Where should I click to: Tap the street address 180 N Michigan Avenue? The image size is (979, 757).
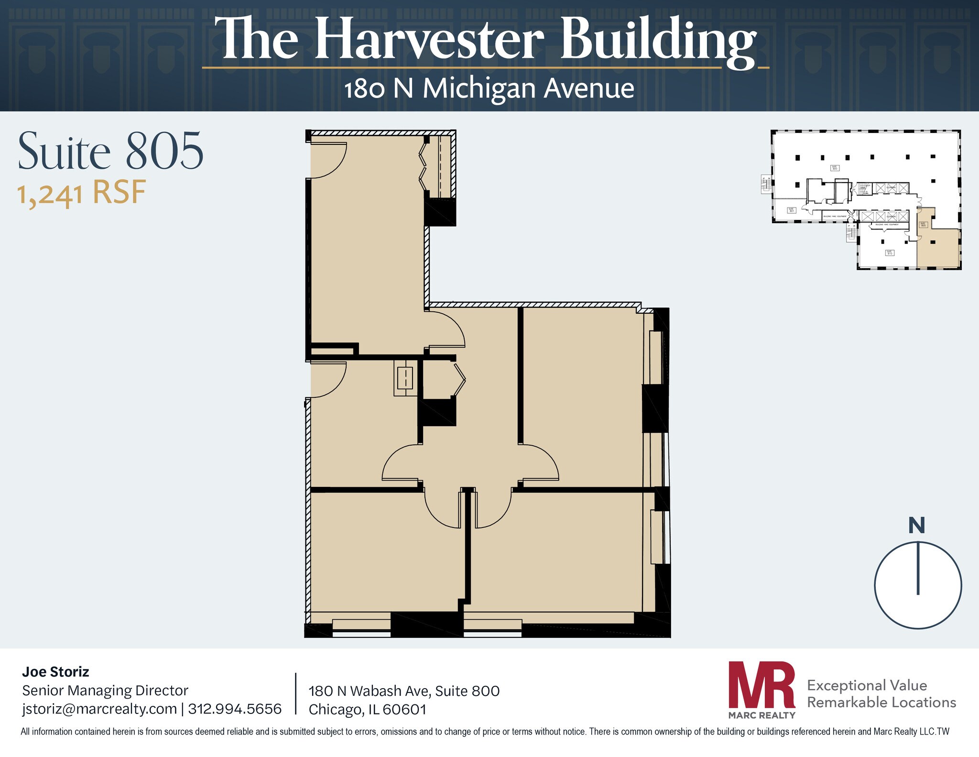[489, 89]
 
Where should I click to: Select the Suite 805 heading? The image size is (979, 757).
[110, 152]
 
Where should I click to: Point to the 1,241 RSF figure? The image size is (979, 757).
[81, 193]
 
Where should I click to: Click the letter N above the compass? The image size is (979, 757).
[916, 526]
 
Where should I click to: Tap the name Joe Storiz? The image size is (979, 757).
[55, 672]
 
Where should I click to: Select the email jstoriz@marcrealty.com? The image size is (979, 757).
[99, 709]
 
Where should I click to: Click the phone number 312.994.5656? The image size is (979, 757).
[235, 709]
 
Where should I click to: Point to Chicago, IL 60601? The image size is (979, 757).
[367, 709]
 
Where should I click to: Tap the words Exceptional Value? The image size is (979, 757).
[867, 685]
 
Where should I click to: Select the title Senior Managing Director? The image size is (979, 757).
[105, 691]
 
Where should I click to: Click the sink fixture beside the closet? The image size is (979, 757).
[405, 378]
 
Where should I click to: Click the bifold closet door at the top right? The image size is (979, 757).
[423, 167]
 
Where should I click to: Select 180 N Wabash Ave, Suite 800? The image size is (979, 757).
[404, 691]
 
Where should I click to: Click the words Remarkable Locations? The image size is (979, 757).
[881, 702]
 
